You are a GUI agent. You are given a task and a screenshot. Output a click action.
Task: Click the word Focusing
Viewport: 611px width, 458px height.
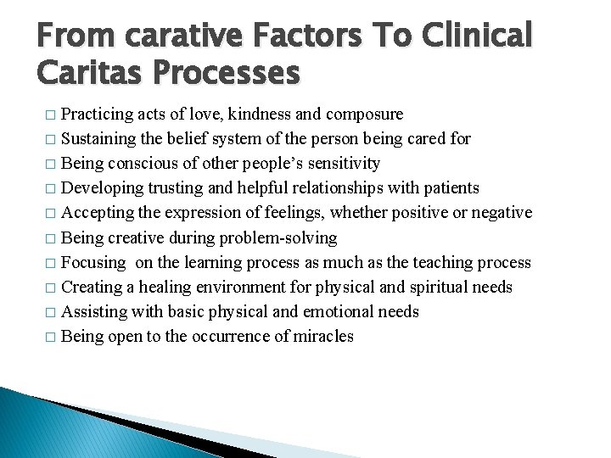click(x=93, y=263)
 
